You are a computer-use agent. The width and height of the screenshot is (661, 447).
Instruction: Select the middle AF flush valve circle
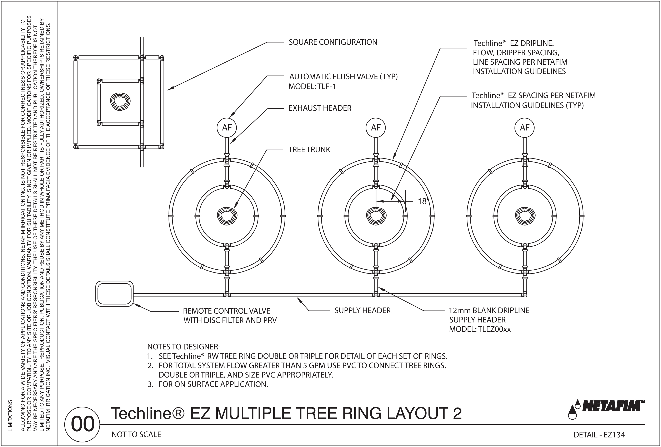click(x=376, y=128)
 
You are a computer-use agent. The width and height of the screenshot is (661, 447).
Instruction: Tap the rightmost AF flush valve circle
click(x=525, y=128)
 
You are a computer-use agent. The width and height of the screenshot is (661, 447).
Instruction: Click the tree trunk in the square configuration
click(x=121, y=100)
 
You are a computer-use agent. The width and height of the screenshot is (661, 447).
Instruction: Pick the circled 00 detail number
click(x=82, y=424)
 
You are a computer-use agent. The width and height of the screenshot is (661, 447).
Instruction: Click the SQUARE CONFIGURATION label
click(x=333, y=42)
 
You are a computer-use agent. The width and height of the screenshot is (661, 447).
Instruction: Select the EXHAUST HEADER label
click(x=320, y=108)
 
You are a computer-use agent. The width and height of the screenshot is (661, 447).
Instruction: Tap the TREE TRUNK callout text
click(x=309, y=150)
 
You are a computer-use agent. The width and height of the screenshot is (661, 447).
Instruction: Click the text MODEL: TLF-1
click(x=312, y=86)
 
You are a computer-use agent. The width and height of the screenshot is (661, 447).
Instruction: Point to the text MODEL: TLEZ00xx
click(x=480, y=329)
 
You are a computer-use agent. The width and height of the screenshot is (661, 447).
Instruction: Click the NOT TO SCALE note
click(x=136, y=435)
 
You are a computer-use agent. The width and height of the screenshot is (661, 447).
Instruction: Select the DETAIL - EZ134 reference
click(x=599, y=435)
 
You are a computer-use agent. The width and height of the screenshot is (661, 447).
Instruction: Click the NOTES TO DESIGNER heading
click(x=184, y=347)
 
